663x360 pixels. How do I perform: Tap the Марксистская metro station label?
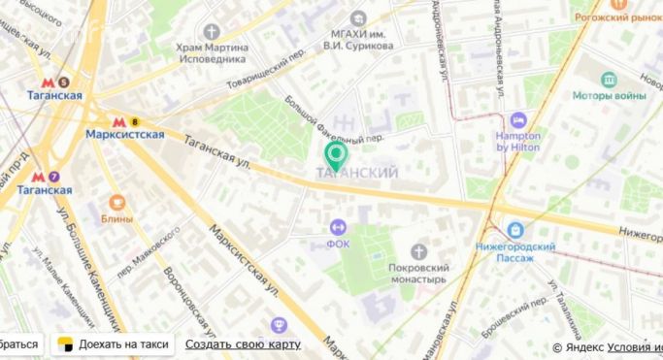[124, 134]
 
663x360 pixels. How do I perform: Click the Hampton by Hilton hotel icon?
[517, 119]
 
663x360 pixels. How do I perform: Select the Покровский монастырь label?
[416, 273]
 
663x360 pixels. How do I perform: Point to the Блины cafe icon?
[116, 203]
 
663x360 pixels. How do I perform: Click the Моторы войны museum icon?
[609, 80]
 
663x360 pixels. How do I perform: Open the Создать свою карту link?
[243, 344]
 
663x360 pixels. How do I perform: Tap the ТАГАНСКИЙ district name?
[358, 173]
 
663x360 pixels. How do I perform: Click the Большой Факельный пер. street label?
[330, 120]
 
